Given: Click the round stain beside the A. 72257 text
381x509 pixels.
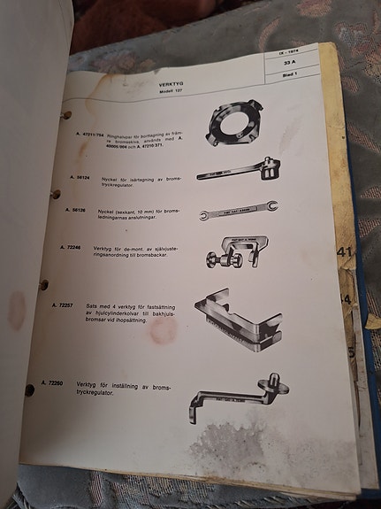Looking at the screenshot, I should coord(163,330).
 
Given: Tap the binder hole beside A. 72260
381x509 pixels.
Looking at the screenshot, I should coord(29,389).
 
